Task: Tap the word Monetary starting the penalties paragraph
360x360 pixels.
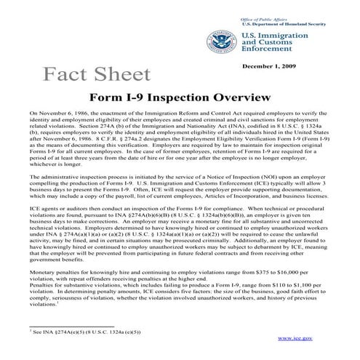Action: pyautogui.click(x=43, y=270)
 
